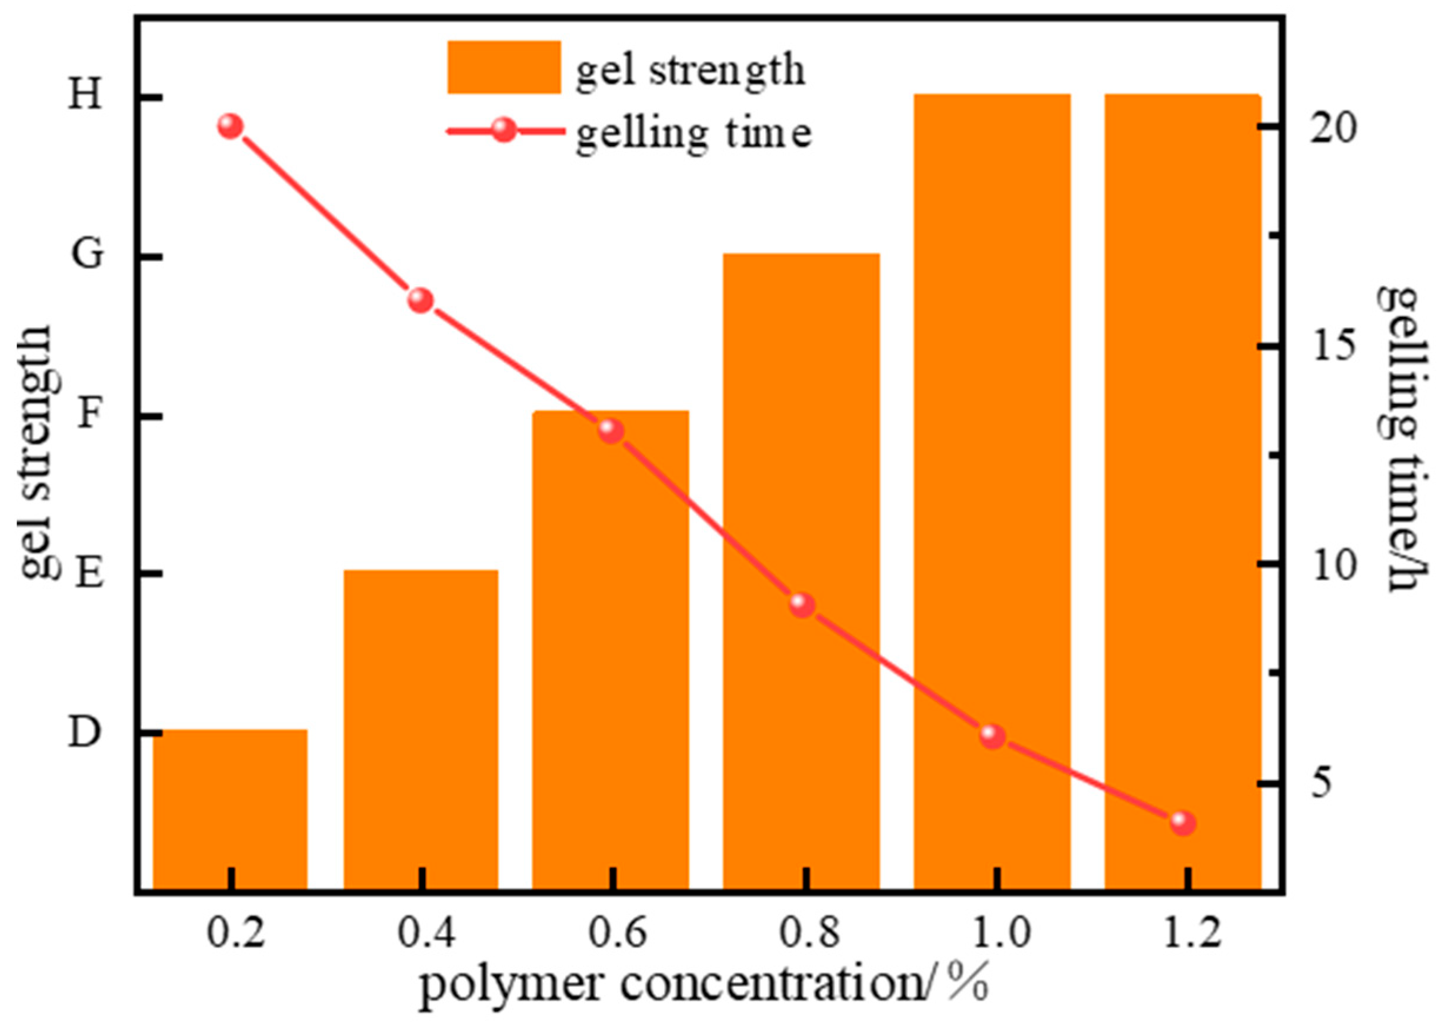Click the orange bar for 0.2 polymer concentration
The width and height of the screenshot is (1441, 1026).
230,808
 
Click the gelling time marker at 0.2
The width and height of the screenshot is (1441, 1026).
231,127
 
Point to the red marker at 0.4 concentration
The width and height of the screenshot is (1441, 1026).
421,300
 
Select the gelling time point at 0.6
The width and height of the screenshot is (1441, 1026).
611,431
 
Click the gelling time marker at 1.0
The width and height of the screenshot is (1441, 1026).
993,736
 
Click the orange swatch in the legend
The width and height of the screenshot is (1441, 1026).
503,67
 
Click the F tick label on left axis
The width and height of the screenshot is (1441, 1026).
86,416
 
